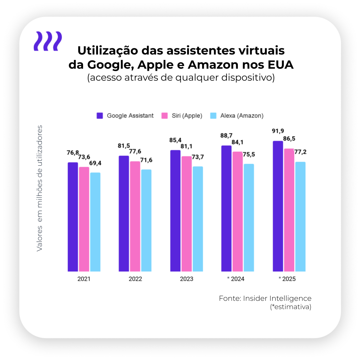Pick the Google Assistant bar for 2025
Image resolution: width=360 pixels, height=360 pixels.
point(278,206)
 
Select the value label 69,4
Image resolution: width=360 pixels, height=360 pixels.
point(95,163)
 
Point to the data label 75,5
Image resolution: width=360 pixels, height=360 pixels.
point(249,154)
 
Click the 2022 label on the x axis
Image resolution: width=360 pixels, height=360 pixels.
point(135,279)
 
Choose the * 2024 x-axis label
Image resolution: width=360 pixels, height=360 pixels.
point(236,279)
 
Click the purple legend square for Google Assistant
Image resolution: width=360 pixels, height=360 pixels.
point(100,116)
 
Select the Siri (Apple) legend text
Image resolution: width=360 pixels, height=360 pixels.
point(187,116)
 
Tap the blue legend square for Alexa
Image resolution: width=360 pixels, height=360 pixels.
point(214,116)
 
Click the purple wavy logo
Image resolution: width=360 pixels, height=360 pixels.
point(48,41)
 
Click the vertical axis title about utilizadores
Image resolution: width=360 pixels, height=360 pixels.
point(40,189)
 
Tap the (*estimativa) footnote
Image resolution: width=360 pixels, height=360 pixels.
point(291,307)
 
